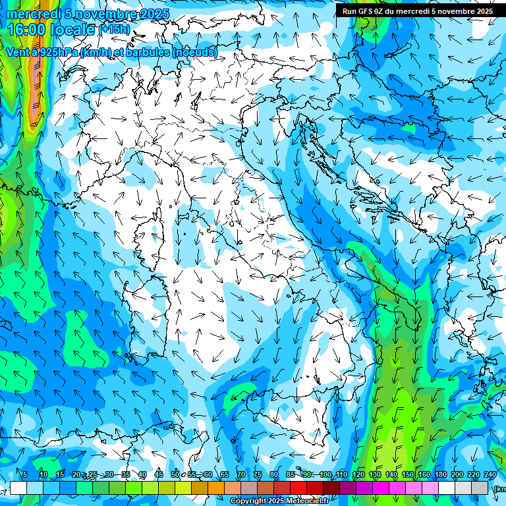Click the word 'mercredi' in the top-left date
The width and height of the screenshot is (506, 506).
pos(33,14)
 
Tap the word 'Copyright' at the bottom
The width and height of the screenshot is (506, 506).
pos(248,501)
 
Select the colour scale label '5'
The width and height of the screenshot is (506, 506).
pos(25,474)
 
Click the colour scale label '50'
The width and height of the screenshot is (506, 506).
pos(175,474)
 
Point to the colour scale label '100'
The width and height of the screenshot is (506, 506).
pos(325,474)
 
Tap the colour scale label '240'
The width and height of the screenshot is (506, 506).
pos(490,474)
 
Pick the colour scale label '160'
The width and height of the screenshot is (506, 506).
pos(424,474)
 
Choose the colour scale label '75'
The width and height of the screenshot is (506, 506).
pos(258,474)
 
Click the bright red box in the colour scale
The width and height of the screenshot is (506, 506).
pos(298,488)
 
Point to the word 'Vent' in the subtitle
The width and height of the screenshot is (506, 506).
pos(18,53)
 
